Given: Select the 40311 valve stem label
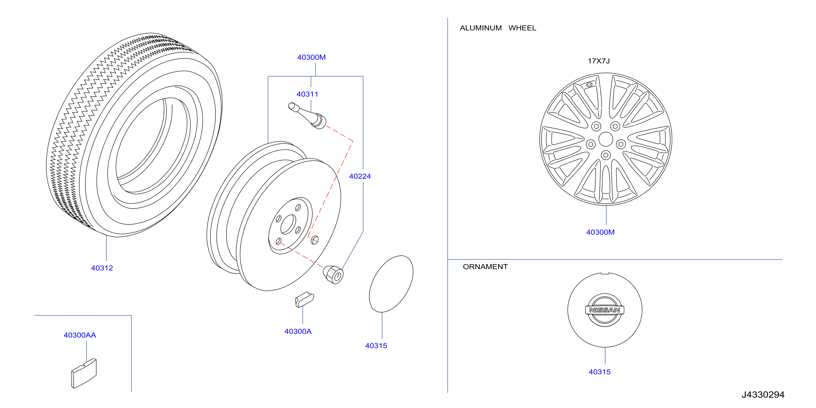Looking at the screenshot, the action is pos(307,94).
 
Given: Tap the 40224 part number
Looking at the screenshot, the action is pos(360,177).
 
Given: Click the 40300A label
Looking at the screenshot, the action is pos(298,332).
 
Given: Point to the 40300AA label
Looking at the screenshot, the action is pos(80,335).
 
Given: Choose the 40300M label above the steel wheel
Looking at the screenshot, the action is pos(311,57).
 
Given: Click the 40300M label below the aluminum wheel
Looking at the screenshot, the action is pos(600,232).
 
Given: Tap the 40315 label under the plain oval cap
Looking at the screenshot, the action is pos(376,346).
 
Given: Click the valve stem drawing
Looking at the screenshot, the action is pos(307,115).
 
